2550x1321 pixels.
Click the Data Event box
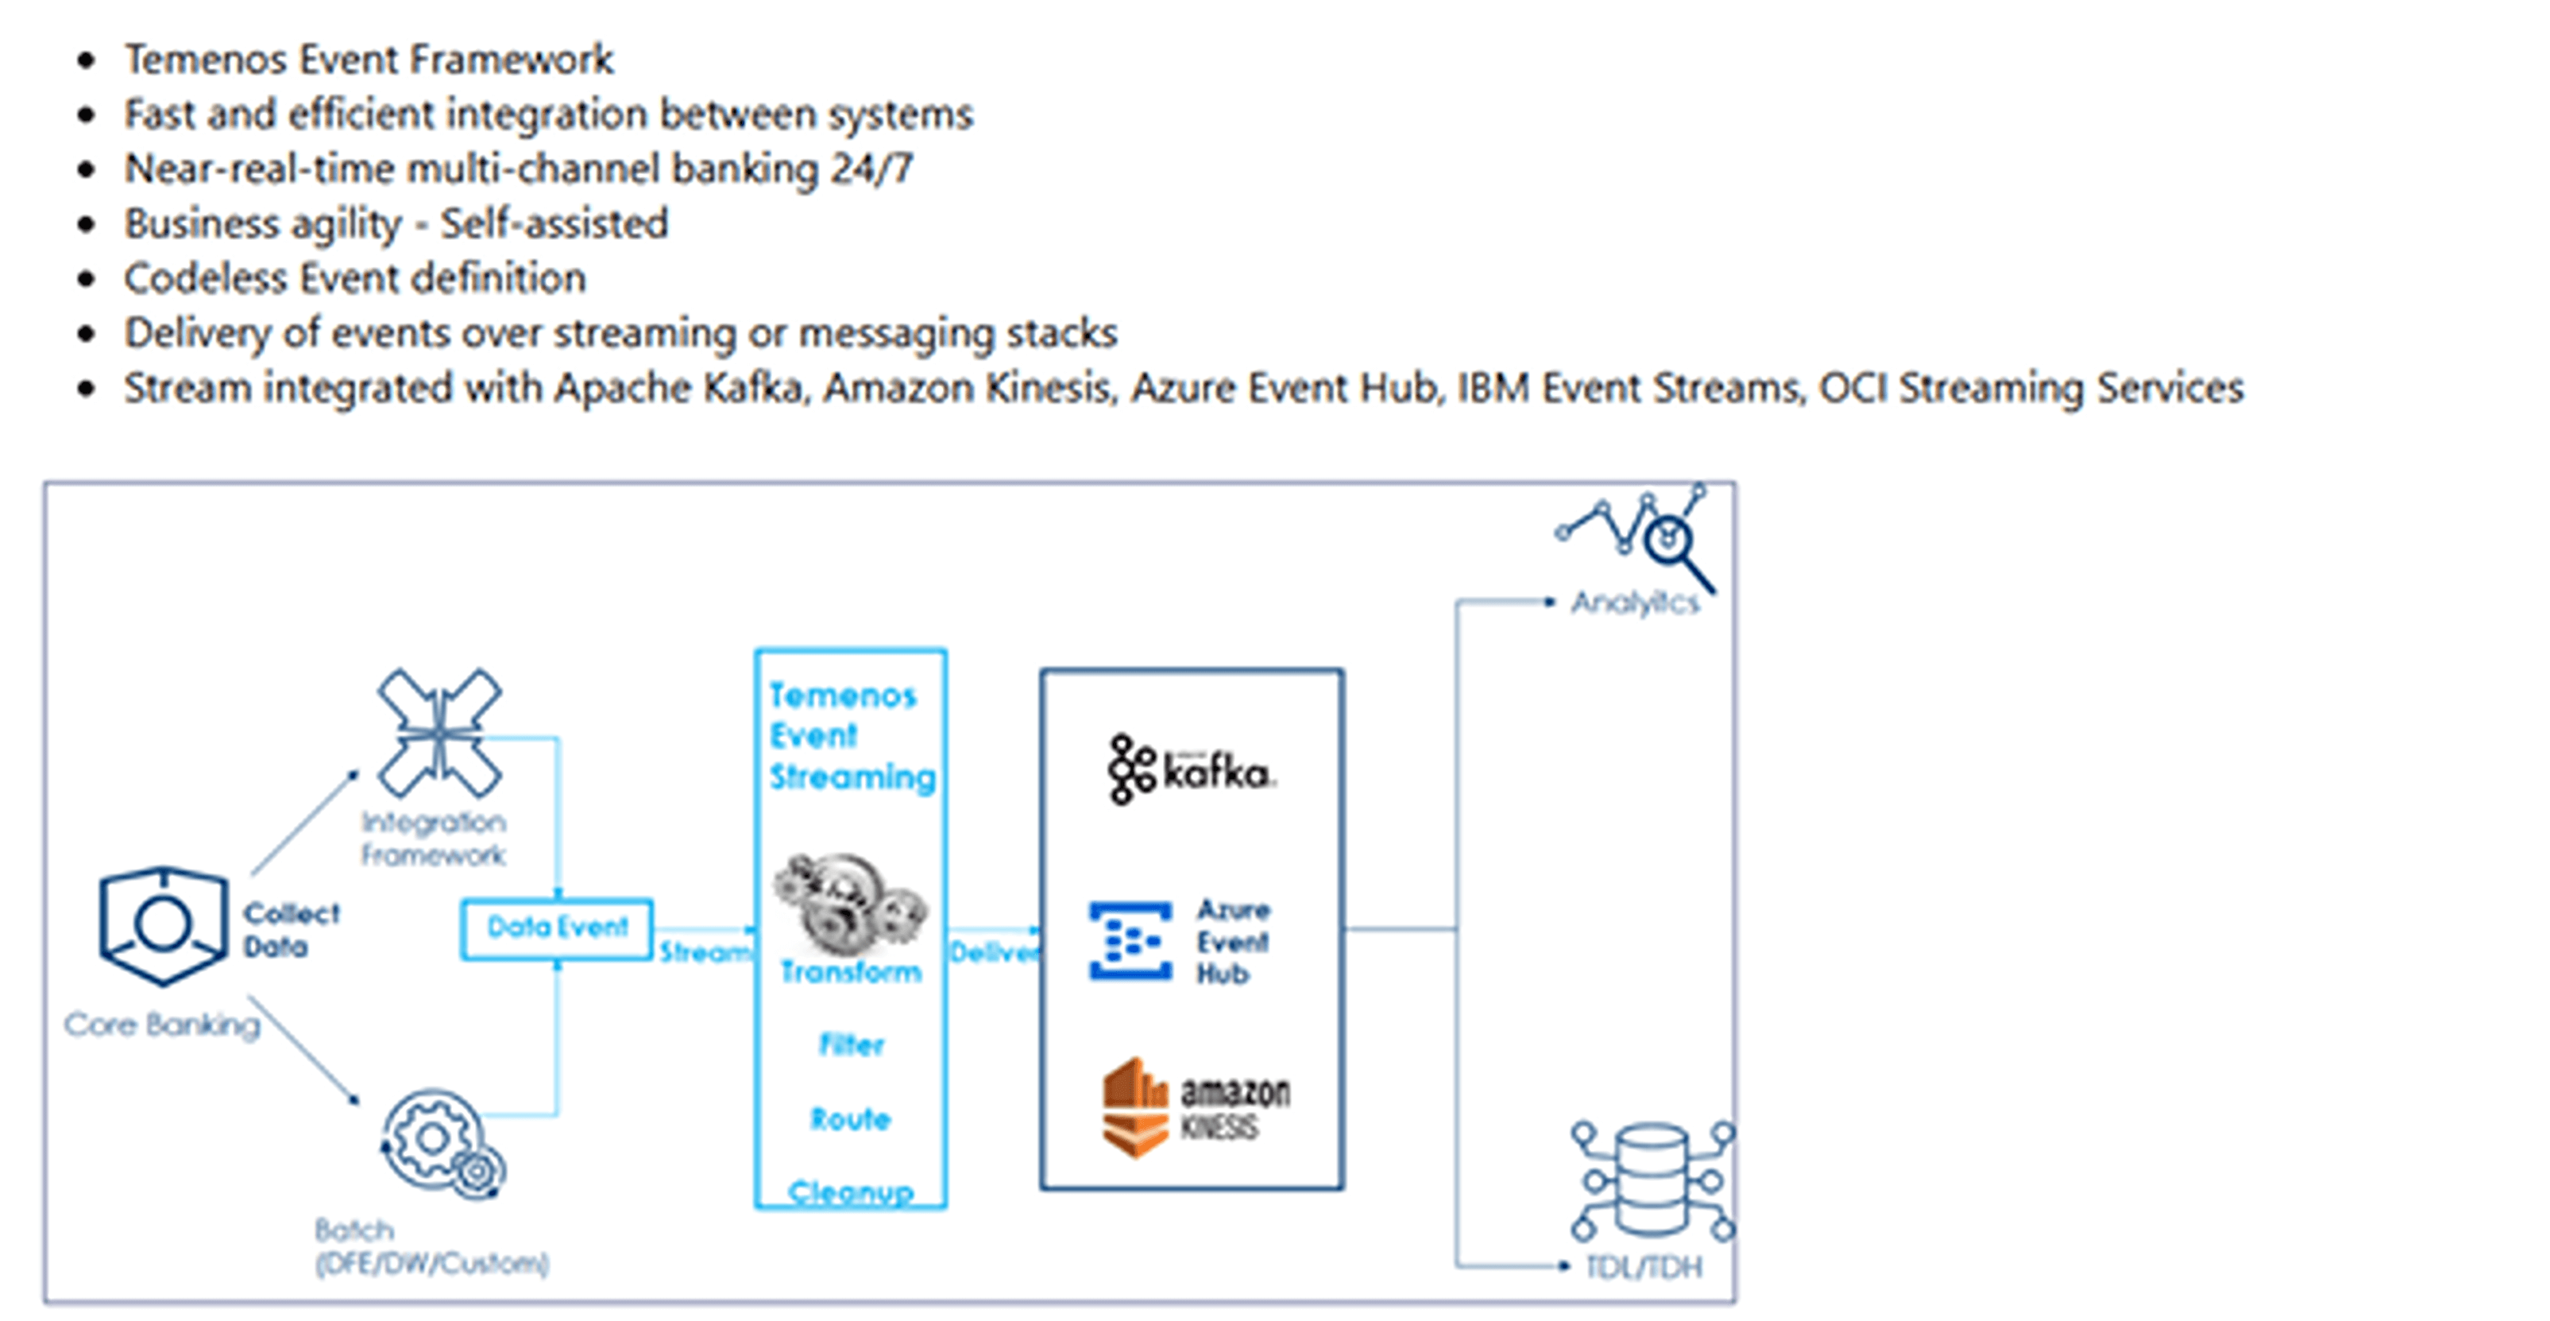pos(558,928)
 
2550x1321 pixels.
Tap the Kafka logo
pos(1190,769)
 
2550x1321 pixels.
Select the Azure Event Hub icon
pos(1130,941)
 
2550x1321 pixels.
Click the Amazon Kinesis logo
pos(1195,1108)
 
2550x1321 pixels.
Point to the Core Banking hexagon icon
pos(162,925)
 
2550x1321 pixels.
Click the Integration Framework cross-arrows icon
pos(439,733)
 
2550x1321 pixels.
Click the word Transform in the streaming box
pos(850,972)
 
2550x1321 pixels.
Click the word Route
pos(850,1119)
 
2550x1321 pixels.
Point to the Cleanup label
pos(850,1192)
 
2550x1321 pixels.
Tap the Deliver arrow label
pos(993,953)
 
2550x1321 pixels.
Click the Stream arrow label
pos(704,953)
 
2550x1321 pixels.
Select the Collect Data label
pos(290,930)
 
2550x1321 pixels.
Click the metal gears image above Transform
pos(849,902)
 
